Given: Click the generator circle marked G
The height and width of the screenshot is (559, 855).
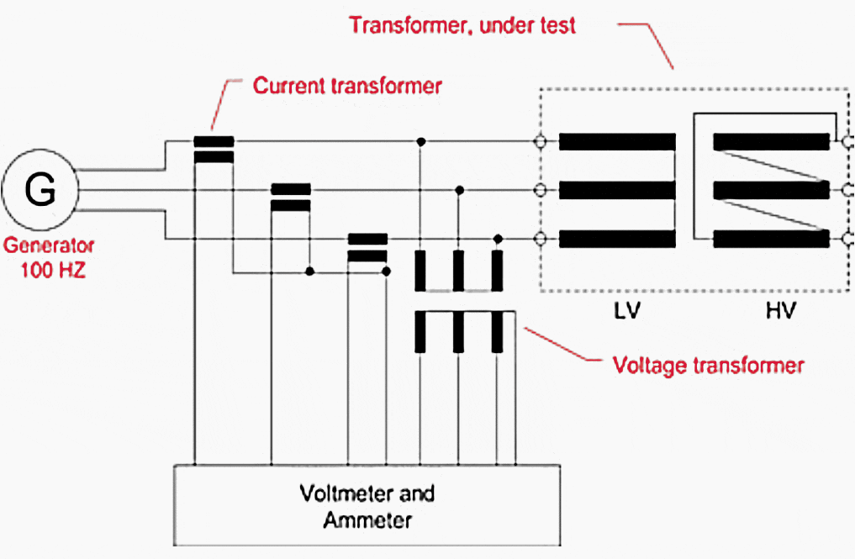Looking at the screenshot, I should tap(40, 192).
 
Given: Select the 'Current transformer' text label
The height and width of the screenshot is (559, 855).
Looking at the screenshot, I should tap(347, 86).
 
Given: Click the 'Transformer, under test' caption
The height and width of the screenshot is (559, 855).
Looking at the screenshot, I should tap(462, 25).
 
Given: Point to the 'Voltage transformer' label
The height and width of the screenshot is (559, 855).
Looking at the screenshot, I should tap(708, 366).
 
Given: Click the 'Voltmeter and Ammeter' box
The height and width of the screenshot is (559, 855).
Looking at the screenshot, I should tap(367, 505).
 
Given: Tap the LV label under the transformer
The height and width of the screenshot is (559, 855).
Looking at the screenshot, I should tap(626, 311).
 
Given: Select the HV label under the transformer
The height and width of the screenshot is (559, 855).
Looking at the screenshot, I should tap(781, 311).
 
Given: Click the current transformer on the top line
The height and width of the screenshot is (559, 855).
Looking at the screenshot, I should tap(214, 149).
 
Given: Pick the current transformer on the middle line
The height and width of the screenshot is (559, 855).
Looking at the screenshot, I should tap(290, 198).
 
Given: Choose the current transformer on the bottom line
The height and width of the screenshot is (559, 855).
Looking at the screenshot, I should tap(367, 247).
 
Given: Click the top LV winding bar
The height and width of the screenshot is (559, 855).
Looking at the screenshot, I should tap(617, 141).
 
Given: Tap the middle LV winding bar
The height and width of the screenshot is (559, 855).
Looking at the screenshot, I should tap(617, 191).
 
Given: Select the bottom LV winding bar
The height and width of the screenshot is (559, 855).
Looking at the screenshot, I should tap(617, 240).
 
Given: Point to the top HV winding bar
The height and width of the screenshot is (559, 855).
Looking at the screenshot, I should tap(771, 141).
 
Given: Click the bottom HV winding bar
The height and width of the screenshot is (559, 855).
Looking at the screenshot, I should tap(771, 240).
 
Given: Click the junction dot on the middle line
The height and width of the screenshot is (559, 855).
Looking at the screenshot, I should tap(458, 190).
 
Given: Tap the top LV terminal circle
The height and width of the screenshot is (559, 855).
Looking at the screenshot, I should tap(541, 141).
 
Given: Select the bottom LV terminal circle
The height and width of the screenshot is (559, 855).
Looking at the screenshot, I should tap(541, 240).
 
